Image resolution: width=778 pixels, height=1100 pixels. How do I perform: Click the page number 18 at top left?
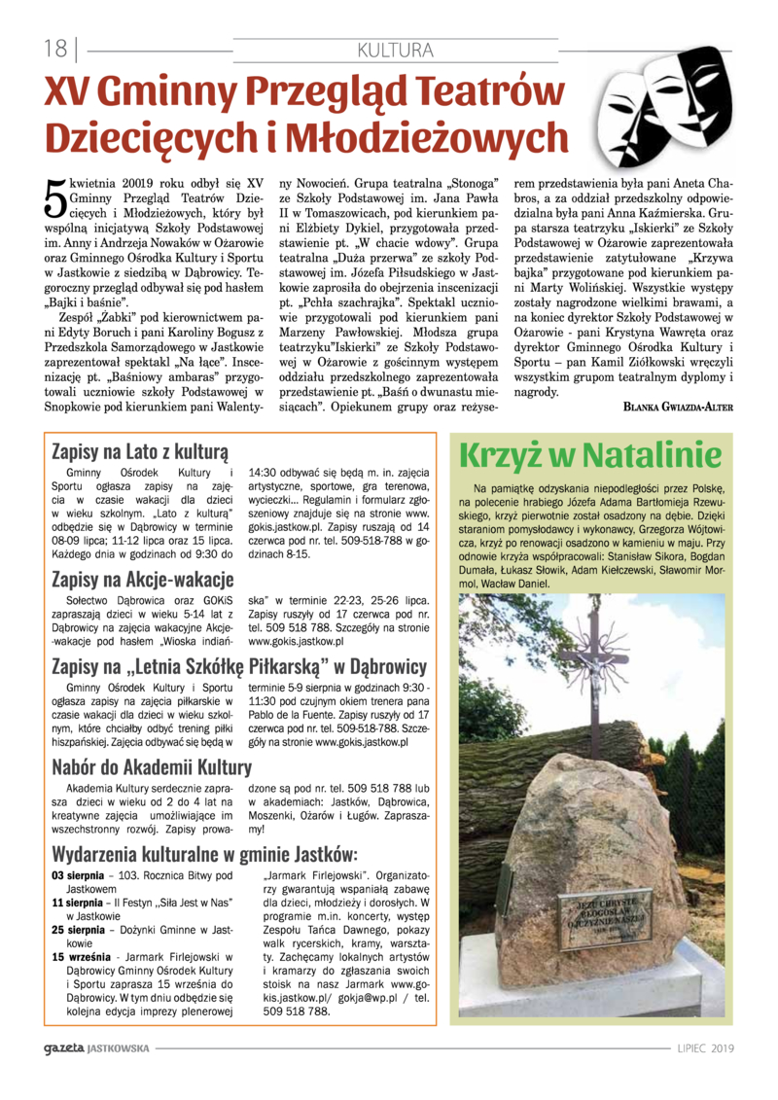click(x=54, y=48)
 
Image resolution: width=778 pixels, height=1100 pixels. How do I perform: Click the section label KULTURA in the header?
click(x=395, y=50)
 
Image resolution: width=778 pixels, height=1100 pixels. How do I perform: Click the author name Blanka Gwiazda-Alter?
click(x=678, y=408)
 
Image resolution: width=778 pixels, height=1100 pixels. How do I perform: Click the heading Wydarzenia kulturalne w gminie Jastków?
click(x=204, y=855)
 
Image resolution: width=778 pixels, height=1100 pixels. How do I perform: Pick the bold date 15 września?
click(x=81, y=957)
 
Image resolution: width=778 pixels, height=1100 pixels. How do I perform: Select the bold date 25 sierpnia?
click(x=79, y=930)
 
